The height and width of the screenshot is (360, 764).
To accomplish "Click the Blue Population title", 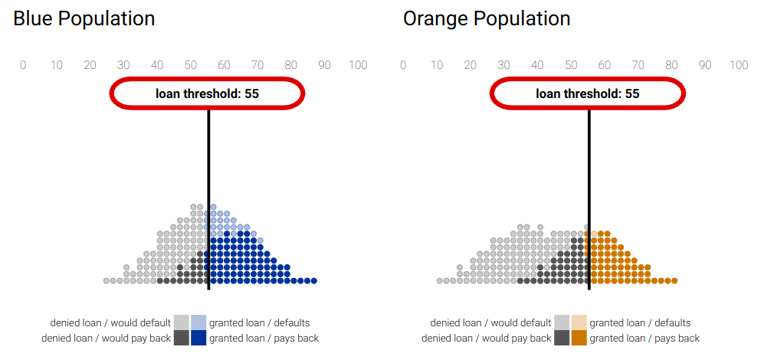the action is (x=84, y=19).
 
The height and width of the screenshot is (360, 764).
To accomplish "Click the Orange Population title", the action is (x=487, y=19).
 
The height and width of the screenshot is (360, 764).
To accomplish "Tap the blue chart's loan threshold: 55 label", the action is (x=207, y=93).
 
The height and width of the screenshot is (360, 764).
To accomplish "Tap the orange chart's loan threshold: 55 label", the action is (x=587, y=93).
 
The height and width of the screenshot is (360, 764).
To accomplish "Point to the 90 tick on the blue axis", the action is (x=324, y=65).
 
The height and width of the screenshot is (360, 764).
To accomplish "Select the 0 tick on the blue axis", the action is (x=23, y=65).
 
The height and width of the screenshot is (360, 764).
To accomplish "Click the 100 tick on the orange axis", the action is (x=739, y=65).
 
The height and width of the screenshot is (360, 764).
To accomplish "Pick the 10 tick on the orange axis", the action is (x=437, y=65).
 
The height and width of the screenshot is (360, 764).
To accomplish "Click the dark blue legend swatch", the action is (x=198, y=338).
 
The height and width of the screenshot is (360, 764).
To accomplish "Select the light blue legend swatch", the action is (x=198, y=322).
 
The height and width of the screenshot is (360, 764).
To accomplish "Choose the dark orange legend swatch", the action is (x=579, y=338).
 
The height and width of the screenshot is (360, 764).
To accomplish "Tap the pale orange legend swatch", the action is (x=579, y=322).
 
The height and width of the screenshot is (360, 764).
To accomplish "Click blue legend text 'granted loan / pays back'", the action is (x=264, y=338).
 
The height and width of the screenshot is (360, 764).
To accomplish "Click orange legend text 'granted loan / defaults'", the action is (x=640, y=323).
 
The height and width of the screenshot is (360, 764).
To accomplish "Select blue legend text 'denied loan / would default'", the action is (x=110, y=323).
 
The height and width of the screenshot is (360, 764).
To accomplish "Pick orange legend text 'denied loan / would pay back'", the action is (x=487, y=338).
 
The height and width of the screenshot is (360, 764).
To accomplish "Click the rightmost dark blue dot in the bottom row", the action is (x=314, y=280).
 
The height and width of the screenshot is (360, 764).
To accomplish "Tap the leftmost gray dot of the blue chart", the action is (x=107, y=280).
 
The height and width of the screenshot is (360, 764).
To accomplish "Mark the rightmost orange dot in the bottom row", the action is (x=674, y=280).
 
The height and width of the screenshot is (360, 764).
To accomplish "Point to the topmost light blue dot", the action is (x=213, y=207).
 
